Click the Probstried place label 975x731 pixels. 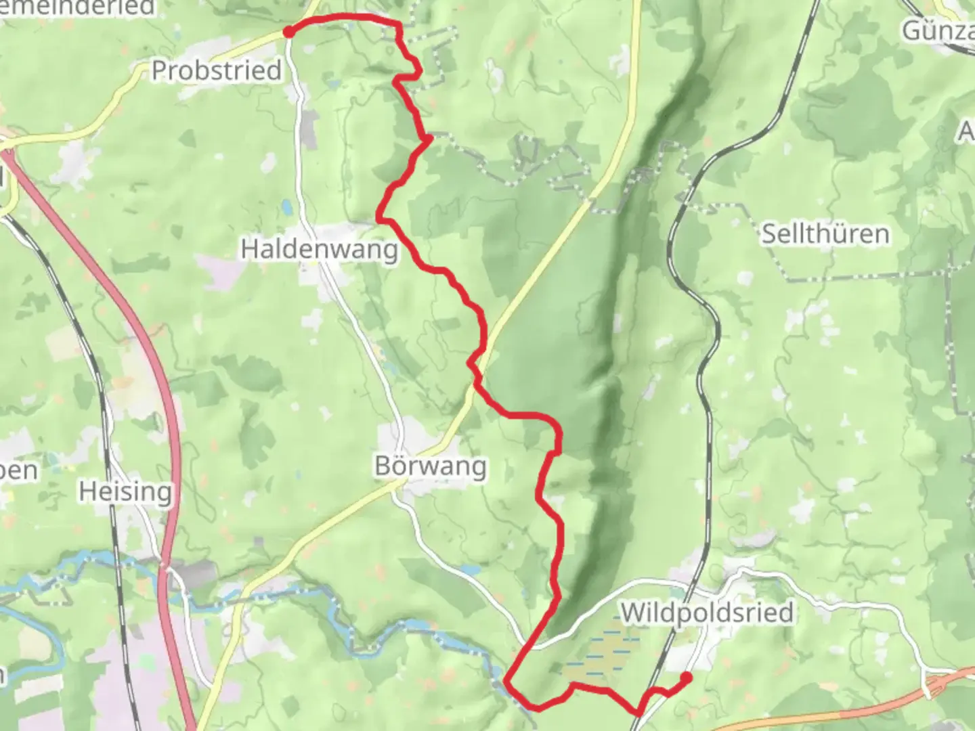click(216, 70)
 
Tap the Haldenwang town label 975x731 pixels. click(320, 249)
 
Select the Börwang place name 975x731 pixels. click(431, 466)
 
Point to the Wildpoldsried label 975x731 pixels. click(707, 613)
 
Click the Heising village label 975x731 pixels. click(125, 491)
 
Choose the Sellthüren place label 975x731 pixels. click(825, 234)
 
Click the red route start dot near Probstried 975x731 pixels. click(288, 32)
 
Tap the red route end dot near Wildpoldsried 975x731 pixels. click(686, 678)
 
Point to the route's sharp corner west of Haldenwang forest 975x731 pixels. click(379, 219)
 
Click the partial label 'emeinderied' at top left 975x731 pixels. click(78, 7)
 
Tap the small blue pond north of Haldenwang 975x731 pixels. click(288, 205)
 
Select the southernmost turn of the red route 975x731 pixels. click(535, 708)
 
